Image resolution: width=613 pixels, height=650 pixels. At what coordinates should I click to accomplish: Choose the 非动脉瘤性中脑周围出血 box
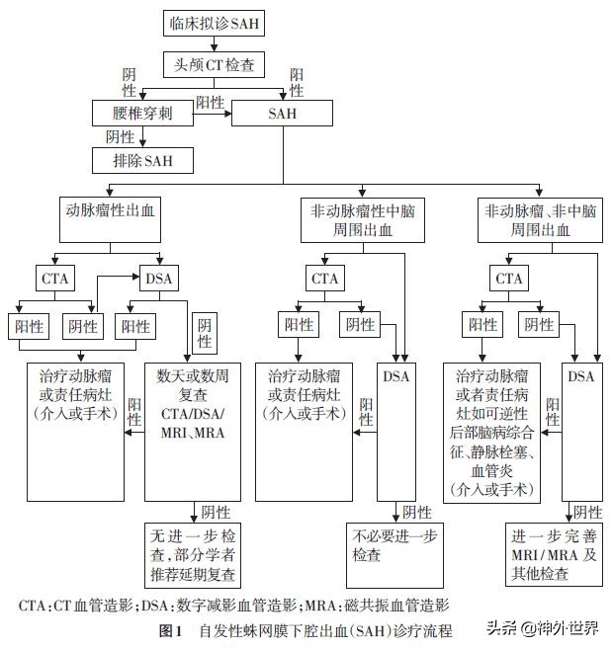click(x=362, y=220)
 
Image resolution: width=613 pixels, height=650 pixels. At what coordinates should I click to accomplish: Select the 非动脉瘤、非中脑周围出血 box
click(x=539, y=220)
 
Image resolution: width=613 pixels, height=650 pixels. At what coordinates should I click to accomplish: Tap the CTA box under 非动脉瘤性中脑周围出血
click(x=325, y=279)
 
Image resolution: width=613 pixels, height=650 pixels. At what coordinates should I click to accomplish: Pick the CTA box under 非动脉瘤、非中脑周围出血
click(x=509, y=279)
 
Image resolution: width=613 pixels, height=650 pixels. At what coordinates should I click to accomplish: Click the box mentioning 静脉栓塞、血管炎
click(x=491, y=431)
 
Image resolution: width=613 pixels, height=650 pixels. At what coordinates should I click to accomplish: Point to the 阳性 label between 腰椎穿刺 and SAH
click(x=209, y=102)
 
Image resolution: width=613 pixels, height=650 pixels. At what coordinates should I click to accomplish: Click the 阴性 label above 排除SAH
click(x=120, y=136)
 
